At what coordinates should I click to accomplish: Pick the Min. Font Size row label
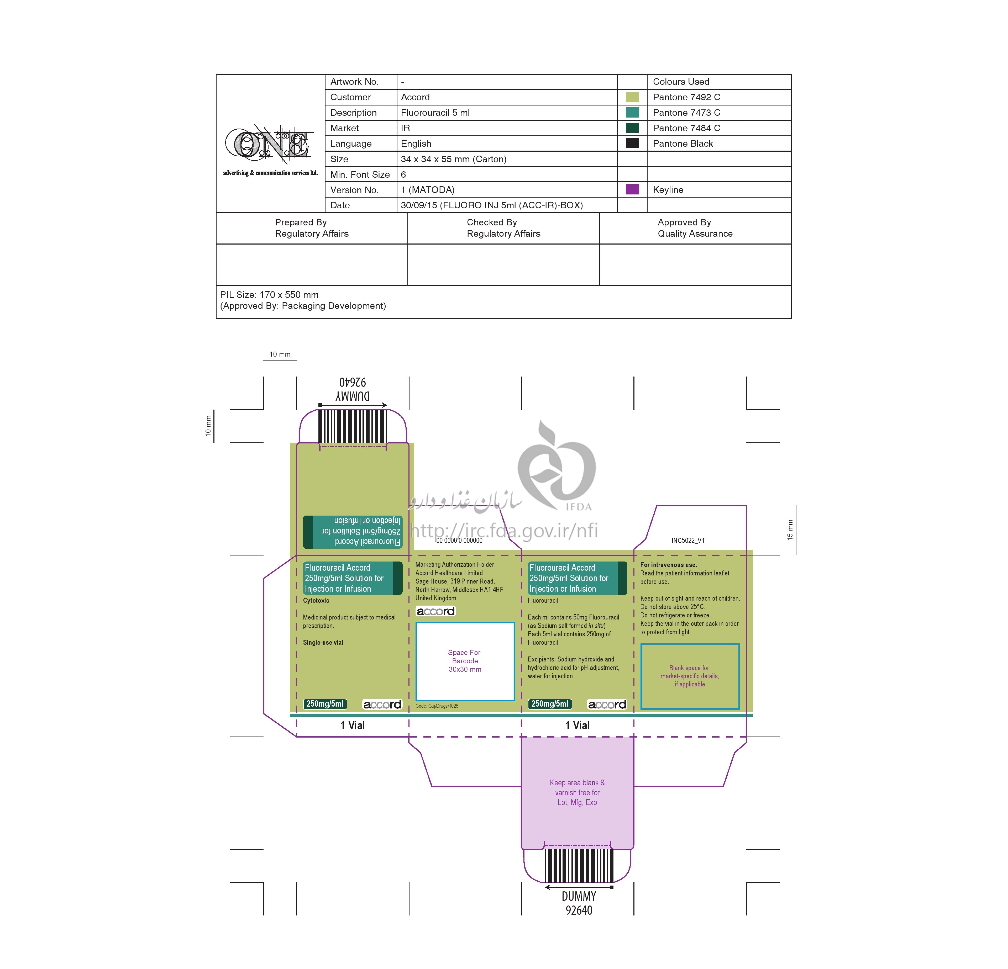click(x=360, y=174)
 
